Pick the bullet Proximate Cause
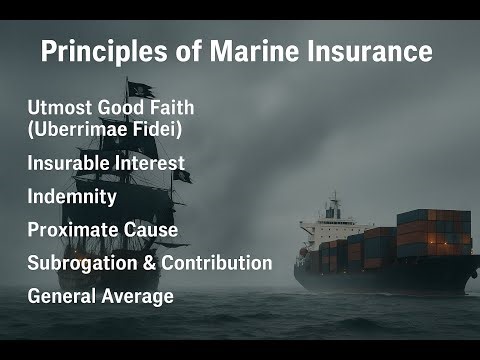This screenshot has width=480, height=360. pos(103,230)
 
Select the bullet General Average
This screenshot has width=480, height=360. pos(101,296)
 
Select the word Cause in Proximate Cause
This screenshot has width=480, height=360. pos(152,230)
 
